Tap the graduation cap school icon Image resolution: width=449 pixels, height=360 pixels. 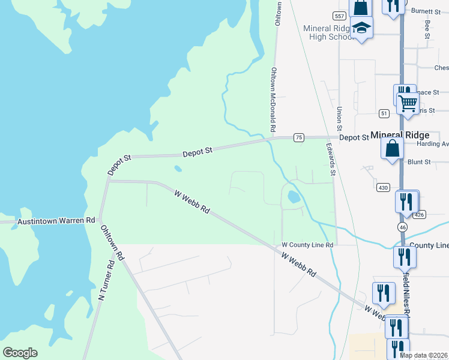pos(361,28)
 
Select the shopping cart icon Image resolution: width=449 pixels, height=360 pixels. pos(408,103)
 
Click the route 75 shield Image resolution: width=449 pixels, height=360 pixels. pos(298,138)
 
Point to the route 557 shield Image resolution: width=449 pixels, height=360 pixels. pos(339,14)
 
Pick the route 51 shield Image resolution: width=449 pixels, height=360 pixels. pos(384,113)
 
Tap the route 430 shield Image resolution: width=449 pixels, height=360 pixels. pos(384,188)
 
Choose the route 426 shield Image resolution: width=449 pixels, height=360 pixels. pos(420,214)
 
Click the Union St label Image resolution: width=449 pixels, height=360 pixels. pos(339,119)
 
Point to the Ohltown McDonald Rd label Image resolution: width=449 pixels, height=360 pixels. pos(273,99)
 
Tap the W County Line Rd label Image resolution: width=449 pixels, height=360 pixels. pos(307,245)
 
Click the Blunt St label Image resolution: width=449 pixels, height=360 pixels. pos(419,162)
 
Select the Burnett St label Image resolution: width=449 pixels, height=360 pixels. pos(426,11)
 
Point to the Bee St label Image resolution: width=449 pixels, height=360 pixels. pos(427,29)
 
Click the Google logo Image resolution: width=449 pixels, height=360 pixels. pos(20,353)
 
